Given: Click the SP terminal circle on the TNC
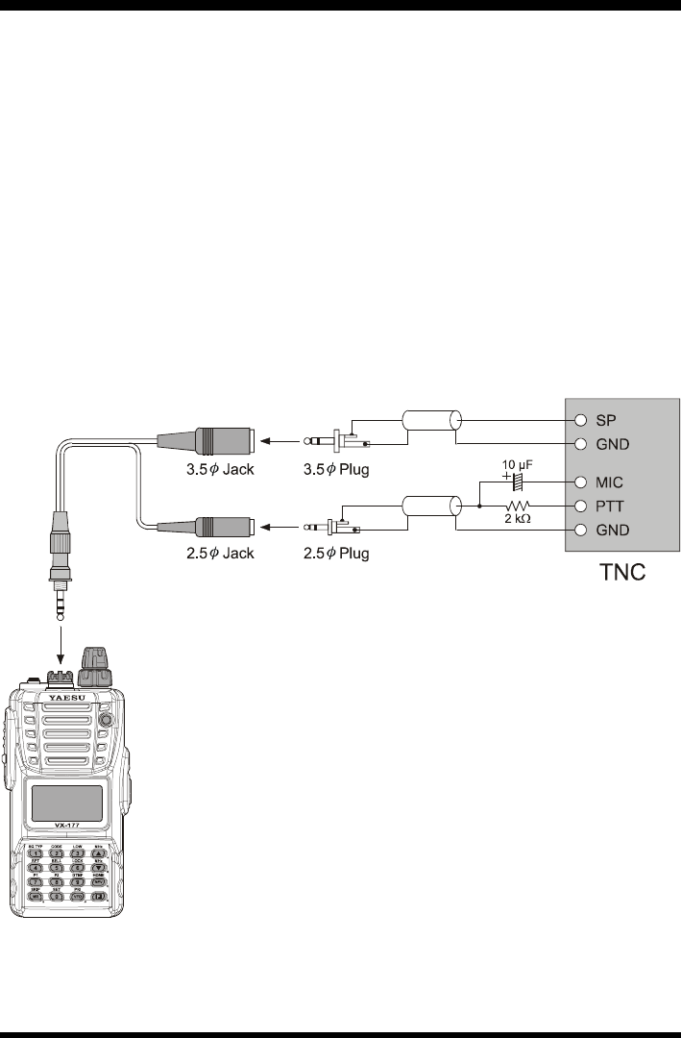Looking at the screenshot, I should tap(580, 421).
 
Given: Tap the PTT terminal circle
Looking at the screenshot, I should tap(580, 506).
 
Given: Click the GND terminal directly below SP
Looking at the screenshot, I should tap(580, 444).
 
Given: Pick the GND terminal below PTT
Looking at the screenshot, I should tap(580, 531).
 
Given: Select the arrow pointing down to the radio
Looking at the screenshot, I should tap(61, 638).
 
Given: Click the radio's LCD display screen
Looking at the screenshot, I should tap(67, 803).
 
